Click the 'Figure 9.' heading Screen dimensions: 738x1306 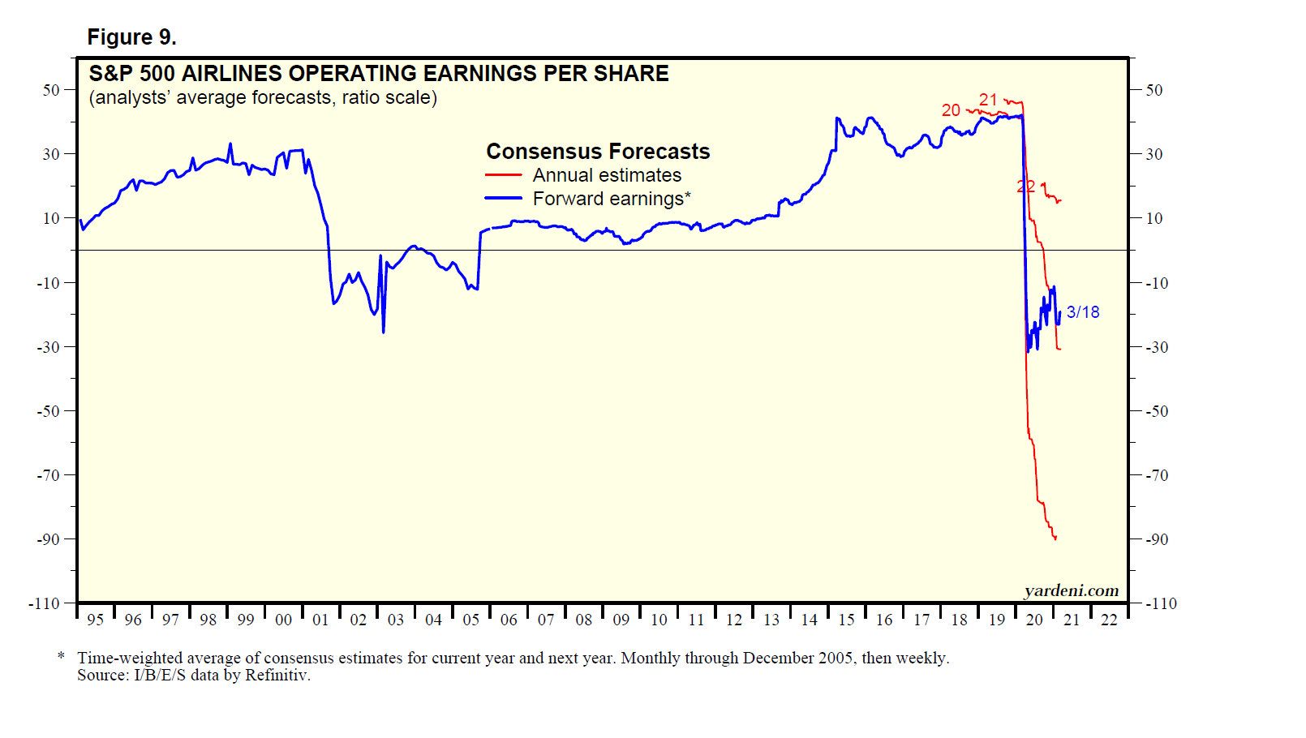[x=131, y=37]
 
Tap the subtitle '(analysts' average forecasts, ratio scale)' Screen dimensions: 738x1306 [x=263, y=98]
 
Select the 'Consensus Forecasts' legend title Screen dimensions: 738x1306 [x=598, y=152]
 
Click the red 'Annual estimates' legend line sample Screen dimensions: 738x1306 [x=503, y=175]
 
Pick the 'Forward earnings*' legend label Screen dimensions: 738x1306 [x=612, y=199]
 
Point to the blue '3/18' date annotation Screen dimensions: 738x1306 [x=1083, y=312]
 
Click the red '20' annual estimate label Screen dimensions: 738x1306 [x=951, y=110]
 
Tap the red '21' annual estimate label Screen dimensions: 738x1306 [x=988, y=100]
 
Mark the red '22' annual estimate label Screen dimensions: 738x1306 [x=1026, y=187]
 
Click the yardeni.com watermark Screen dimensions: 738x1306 [x=1071, y=590]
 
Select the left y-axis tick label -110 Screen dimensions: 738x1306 [x=45, y=603]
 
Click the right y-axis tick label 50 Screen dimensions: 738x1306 [x=1153, y=90]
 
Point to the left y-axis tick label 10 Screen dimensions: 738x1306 [x=51, y=218]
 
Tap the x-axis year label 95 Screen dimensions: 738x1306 [x=96, y=620]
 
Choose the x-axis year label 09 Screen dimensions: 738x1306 [x=621, y=620]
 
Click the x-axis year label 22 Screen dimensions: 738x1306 [x=1109, y=620]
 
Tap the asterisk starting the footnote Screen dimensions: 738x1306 [x=61, y=655]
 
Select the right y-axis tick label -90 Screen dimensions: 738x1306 [x=1157, y=539]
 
